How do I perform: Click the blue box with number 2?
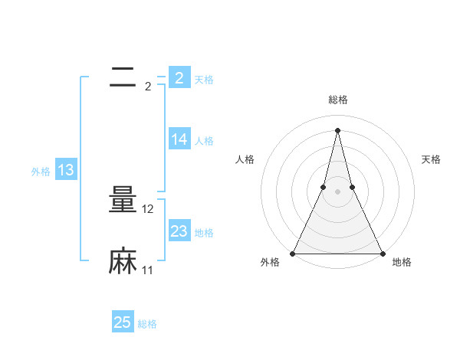[179, 78]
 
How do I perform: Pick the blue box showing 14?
[179, 139]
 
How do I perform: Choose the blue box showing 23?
[179, 231]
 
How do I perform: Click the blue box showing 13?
[65, 171]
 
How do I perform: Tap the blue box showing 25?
[123, 322]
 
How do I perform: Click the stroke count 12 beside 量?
[149, 209]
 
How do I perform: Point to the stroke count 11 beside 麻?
[148, 270]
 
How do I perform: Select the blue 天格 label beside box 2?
[204, 80]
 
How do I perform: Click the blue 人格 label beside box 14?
[204, 141]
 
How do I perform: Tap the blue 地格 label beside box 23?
[204, 233]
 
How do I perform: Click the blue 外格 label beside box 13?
[41, 172]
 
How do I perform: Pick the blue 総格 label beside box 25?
[147, 324]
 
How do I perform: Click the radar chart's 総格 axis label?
[337, 100]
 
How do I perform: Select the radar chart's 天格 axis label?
[431, 159]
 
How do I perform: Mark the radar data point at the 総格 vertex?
[337, 129]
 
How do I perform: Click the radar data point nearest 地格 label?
[382, 254]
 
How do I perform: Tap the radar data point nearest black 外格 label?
[294, 254]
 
